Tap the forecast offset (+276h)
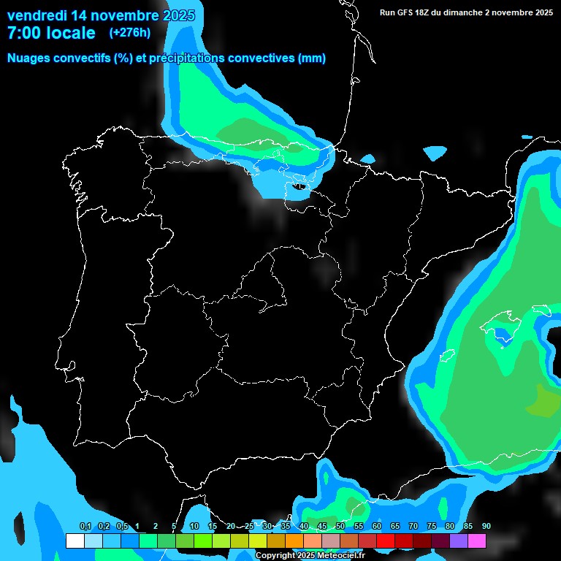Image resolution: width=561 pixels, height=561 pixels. (x=130, y=33)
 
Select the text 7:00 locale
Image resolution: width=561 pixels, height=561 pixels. (x=51, y=33)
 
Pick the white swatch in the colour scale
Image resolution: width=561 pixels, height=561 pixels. (x=75, y=541)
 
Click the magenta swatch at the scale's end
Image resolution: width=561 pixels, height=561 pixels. (x=477, y=541)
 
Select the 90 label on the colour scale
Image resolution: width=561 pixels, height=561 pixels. (x=486, y=527)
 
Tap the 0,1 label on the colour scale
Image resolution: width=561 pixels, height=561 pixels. (x=85, y=527)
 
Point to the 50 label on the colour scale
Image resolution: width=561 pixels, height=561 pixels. (x=340, y=527)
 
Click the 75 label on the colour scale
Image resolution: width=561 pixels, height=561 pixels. (x=432, y=527)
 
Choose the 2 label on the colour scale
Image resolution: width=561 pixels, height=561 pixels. (x=155, y=527)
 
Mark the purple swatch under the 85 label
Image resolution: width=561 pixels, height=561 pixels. (x=459, y=541)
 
